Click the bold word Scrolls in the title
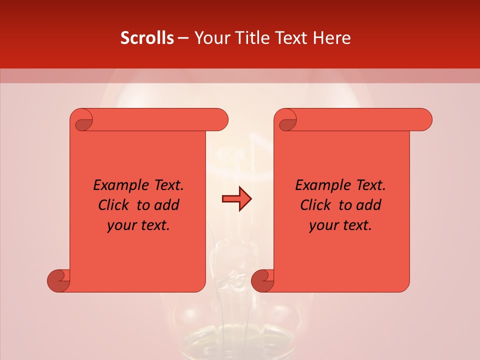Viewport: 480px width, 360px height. point(147,38)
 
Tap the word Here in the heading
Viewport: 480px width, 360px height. point(331,38)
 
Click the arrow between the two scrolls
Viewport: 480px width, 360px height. point(236,199)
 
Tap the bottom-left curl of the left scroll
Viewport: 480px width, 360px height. point(59,280)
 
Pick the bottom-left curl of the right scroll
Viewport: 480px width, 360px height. point(262,280)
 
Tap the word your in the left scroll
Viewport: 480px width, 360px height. point(121,226)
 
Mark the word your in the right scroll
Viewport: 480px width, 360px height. point(323,226)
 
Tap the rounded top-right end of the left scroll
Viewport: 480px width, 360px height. point(220,120)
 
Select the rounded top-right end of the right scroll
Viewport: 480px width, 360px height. point(424,120)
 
